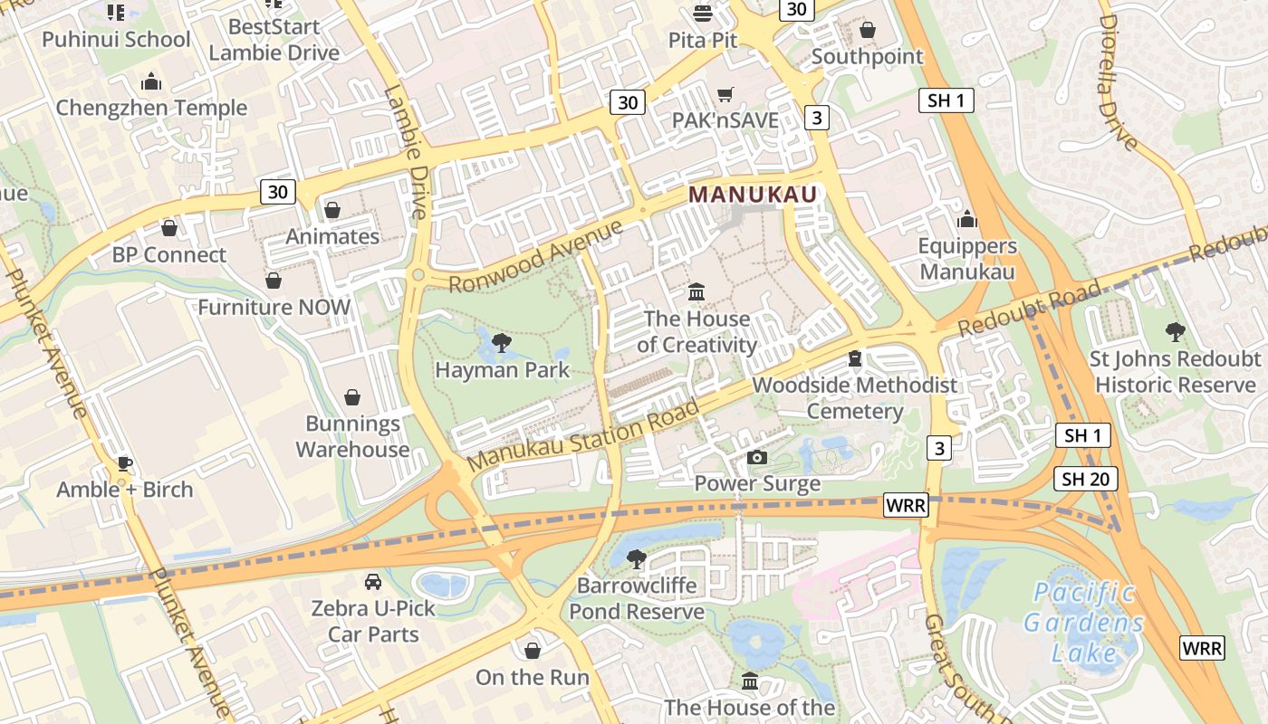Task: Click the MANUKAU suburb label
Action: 753,194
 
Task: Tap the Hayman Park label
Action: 503,369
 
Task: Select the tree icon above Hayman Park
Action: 501,343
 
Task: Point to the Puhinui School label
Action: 116,39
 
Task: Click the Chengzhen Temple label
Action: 151,108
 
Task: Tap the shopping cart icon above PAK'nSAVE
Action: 725,94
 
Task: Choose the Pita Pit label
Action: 703,40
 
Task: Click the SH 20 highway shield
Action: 1086,479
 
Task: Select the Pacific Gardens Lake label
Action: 1084,623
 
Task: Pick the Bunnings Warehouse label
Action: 352,436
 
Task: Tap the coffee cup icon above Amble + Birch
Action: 125,464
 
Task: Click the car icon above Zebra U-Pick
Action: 372,581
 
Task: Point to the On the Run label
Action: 533,677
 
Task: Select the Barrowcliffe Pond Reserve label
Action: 637,598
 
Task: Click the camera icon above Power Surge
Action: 757,458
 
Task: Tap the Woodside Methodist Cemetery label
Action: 855,398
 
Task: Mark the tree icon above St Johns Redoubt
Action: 1176,332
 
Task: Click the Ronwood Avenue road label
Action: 536,257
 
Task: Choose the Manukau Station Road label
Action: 584,435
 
